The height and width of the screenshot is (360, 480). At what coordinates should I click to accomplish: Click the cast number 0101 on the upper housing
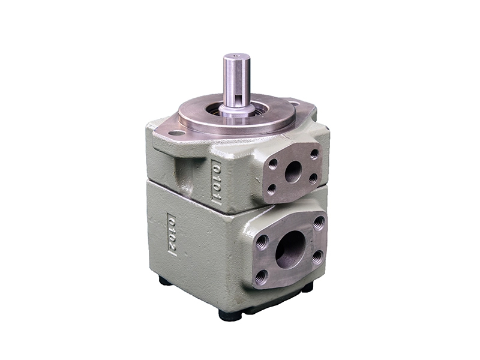(x=217, y=181)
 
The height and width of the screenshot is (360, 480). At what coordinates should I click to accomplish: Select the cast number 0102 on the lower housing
(x=172, y=234)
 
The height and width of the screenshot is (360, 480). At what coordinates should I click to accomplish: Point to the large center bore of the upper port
(x=293, y=172)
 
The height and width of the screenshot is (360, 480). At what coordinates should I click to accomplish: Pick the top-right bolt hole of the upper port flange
(x=313, y=154)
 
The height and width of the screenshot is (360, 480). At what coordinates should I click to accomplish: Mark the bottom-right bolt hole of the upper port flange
(x=313, y=178)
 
